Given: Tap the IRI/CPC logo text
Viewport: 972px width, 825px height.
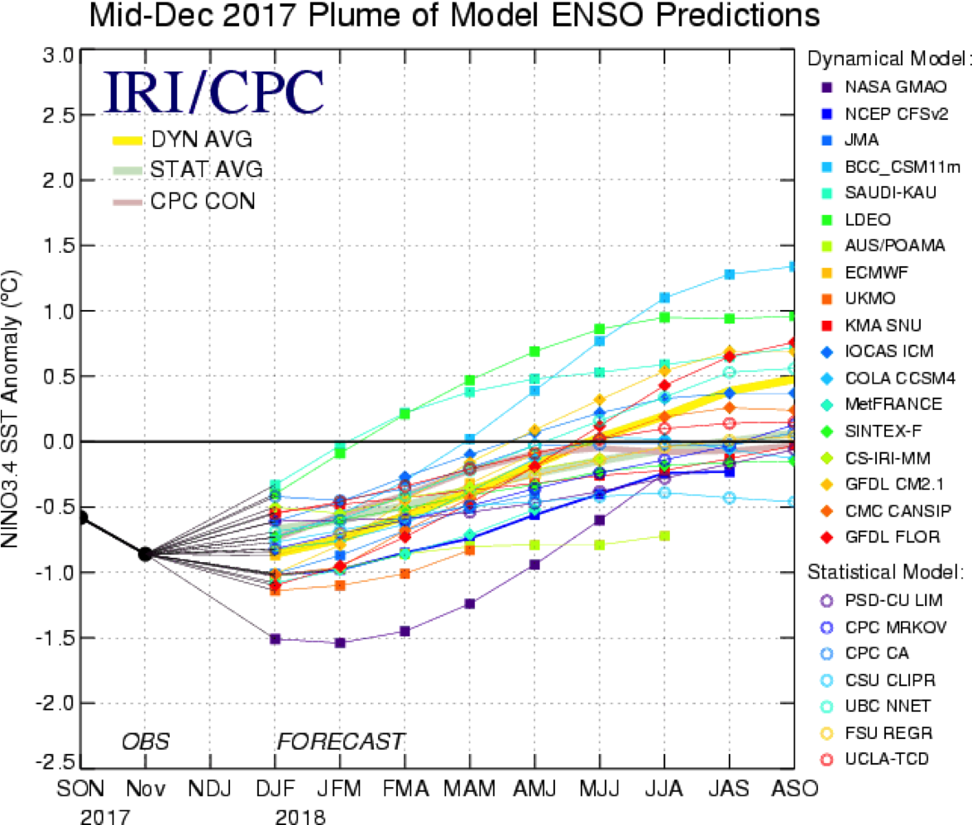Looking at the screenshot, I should (x=213, y=93).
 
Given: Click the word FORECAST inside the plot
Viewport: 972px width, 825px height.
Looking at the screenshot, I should (x=341, y=741).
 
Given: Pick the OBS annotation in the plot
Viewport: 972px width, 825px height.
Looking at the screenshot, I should (x=146, y=741).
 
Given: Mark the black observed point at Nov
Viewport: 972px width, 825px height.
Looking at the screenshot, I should (x=145, y=554).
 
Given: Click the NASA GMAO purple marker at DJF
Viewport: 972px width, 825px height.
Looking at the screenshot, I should (x=275, y=639).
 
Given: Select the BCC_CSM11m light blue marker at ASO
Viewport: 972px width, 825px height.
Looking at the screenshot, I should (x=792, y=266).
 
